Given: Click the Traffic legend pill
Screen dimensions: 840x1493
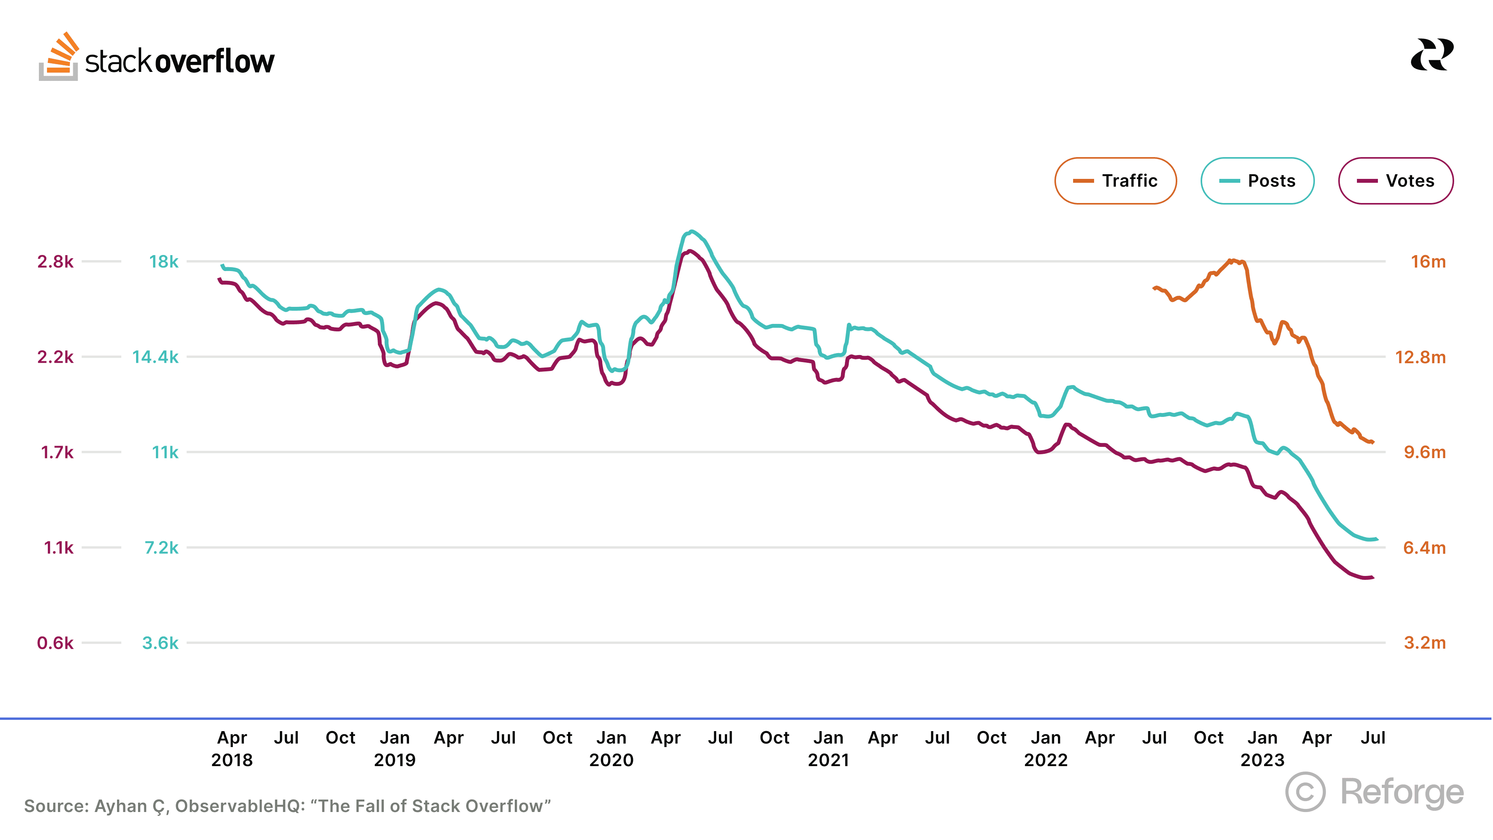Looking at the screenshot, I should pyautogui.click(x=1115, y=181).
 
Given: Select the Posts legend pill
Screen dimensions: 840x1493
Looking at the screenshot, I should pyautogui.click(x=1257, y=181).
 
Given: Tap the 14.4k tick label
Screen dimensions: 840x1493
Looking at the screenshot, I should pyautogui.click(x=156, y=357).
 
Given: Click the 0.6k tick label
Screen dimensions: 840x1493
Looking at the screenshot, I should pyautogui.click(x=56, y=643).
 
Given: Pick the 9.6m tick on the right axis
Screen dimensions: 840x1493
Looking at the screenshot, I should pyautogui.click(x=1424, y=452).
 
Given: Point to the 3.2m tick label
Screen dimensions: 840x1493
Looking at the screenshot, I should pyautogui.click(x=1424, y=643).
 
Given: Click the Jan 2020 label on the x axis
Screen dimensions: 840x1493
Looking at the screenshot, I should pyautogui.click(x=612, y=748).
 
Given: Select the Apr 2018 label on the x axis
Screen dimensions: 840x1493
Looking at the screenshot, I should pyautogui.click(x=232, y=748).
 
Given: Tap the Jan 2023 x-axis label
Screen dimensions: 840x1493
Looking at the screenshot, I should pyautogui.click(x=1262, y=748).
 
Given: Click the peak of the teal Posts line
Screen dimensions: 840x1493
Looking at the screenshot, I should pyautogui.click(x=691, y=231).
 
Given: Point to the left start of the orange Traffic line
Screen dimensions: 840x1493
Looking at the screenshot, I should pyautogui.click(x=1154, y=288).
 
